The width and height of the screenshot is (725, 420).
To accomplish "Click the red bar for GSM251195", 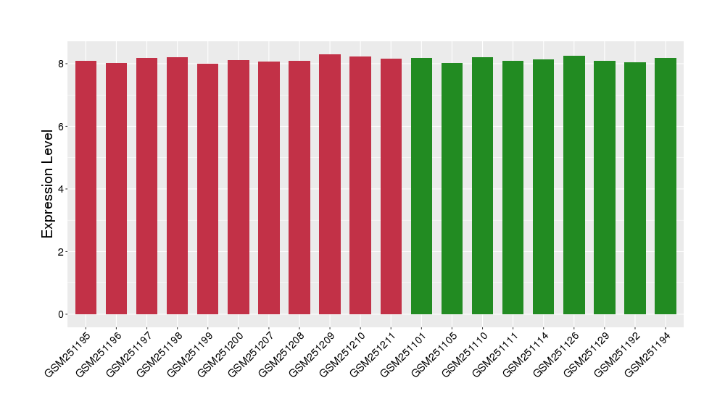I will tap(86, 188).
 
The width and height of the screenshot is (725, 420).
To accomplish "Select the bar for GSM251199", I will tap(207, 189).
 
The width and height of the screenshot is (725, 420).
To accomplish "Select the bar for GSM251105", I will tap(452, 189).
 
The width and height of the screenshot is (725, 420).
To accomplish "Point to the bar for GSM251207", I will tap(269, 188).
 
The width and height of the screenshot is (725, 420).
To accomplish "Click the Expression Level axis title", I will tap(48, 183).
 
